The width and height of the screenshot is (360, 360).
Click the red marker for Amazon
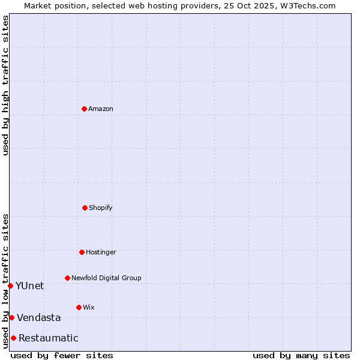pos(84,109)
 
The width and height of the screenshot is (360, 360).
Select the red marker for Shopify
pos(85,208)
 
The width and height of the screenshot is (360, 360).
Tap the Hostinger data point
pos(82,252)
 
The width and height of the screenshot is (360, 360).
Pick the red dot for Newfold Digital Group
pos(67,278)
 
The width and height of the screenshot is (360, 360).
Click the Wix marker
pos(79,307)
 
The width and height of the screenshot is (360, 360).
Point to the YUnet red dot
pos(10,286)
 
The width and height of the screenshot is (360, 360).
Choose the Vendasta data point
pos(11,317)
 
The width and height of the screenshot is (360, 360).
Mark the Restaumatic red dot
pos(13,338)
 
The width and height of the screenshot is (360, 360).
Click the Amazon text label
pos(101,109)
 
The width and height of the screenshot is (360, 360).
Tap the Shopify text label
pos(101,208)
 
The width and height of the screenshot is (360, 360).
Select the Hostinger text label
pos(101,252)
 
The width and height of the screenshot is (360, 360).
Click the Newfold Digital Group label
pos(106,278)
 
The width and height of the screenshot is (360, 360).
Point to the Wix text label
pos(89,307)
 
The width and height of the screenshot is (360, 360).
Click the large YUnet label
pos(29,286)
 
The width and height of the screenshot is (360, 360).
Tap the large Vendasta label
pos(39,317)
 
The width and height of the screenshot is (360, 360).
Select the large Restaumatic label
pos(49,338)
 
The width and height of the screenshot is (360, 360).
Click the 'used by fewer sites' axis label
pos(62,355)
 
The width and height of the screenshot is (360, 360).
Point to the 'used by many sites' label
pos(301,355)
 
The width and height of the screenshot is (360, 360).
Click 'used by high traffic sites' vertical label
pos(5,85)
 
